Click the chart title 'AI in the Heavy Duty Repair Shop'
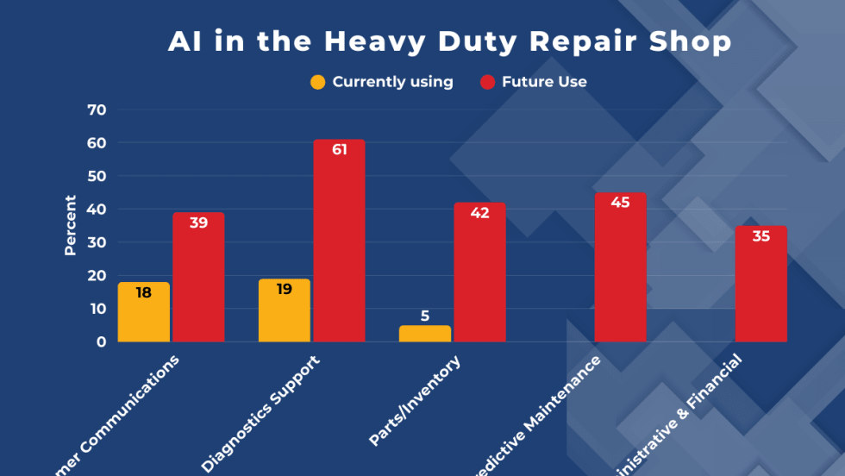click(449, 41)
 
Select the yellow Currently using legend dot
click(318, 83)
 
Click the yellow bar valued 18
click(144, 312)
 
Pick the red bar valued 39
click(198, 277)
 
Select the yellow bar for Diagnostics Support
click(284, 310)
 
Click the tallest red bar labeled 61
click(339, 241)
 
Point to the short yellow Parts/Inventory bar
click(425, 334)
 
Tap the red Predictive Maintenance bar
click(620, 267)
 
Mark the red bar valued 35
click(760, 284)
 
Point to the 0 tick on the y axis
click(101, 341)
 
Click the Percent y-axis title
click(71, 225)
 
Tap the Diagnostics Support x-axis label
click(261, 412)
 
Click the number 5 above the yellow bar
click(425, 316)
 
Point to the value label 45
click(620, 203)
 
